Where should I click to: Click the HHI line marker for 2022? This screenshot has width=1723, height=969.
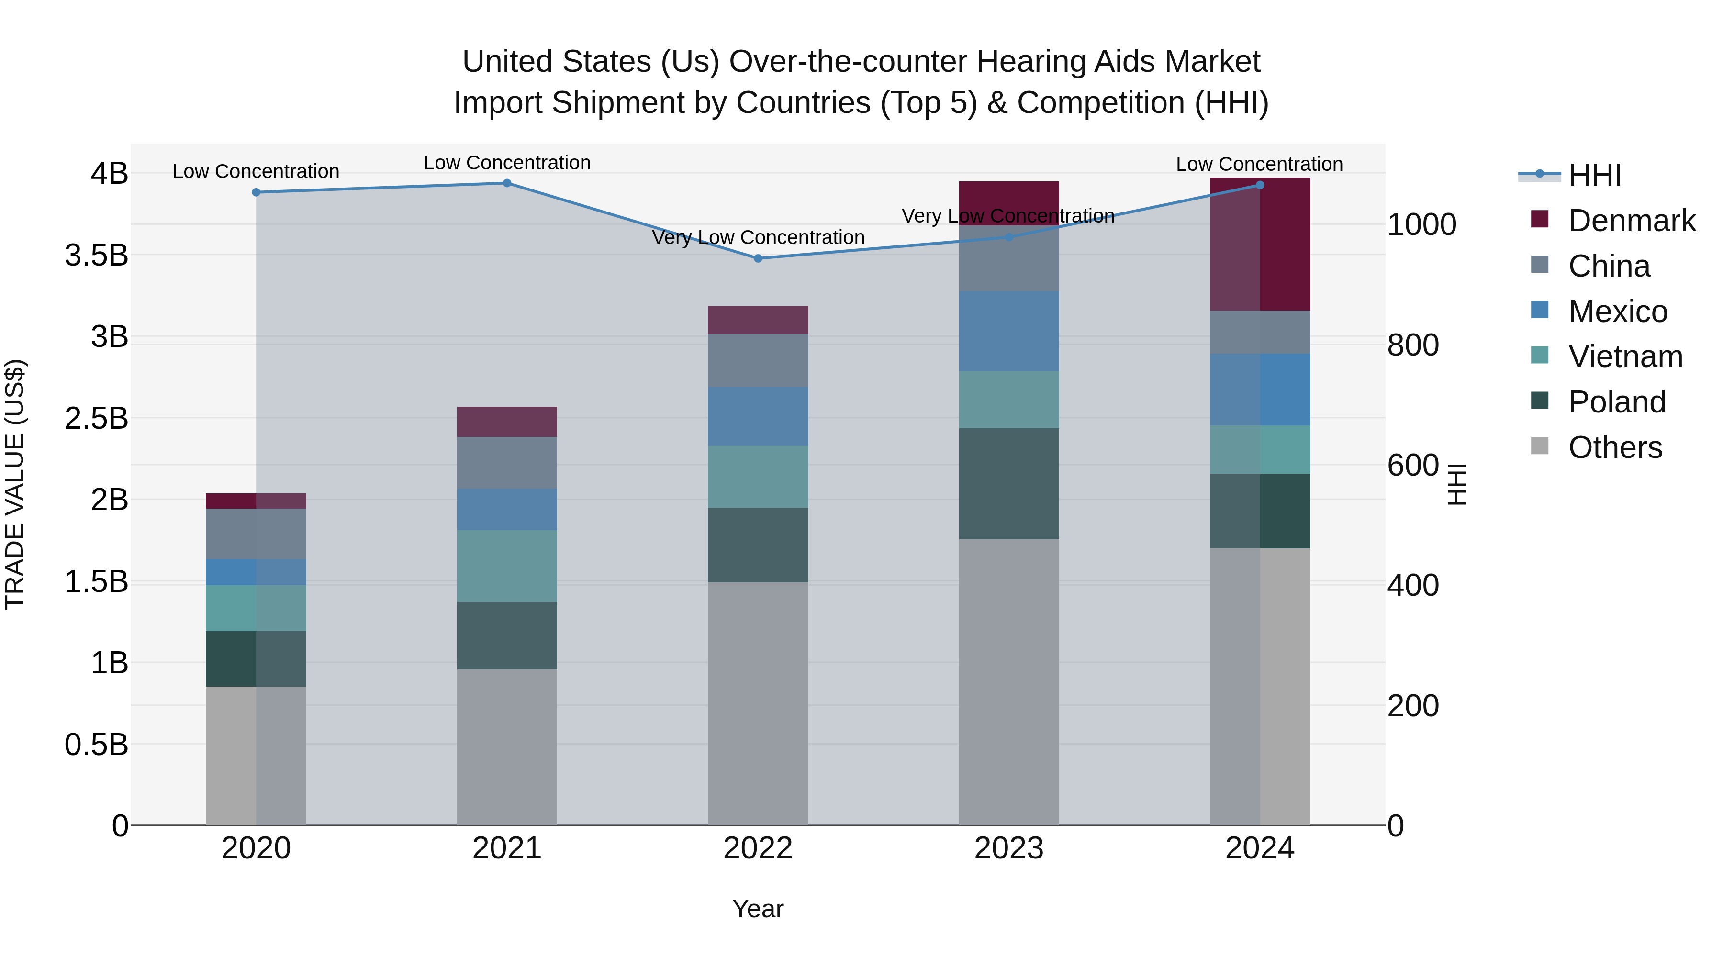click(x=758, y=258)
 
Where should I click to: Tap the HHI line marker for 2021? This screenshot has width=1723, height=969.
click(x=507, y=183)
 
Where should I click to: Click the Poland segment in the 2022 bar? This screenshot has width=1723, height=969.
click(x=758, y=545)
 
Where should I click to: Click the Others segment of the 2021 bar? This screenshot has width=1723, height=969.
click(x=507, y=746)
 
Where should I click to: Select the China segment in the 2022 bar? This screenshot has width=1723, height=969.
click(x=758, y=360)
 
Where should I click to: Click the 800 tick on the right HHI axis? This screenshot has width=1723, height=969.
click(x=1413, y=345)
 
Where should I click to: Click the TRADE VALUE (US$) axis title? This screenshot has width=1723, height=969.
click(x=15, y=484)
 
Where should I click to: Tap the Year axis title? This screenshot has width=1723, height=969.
click(x=758, y=909)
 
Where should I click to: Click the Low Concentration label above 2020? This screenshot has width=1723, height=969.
click(x=256, y=172)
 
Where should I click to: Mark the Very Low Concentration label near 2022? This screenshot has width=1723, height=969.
click(x=758, y=237)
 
